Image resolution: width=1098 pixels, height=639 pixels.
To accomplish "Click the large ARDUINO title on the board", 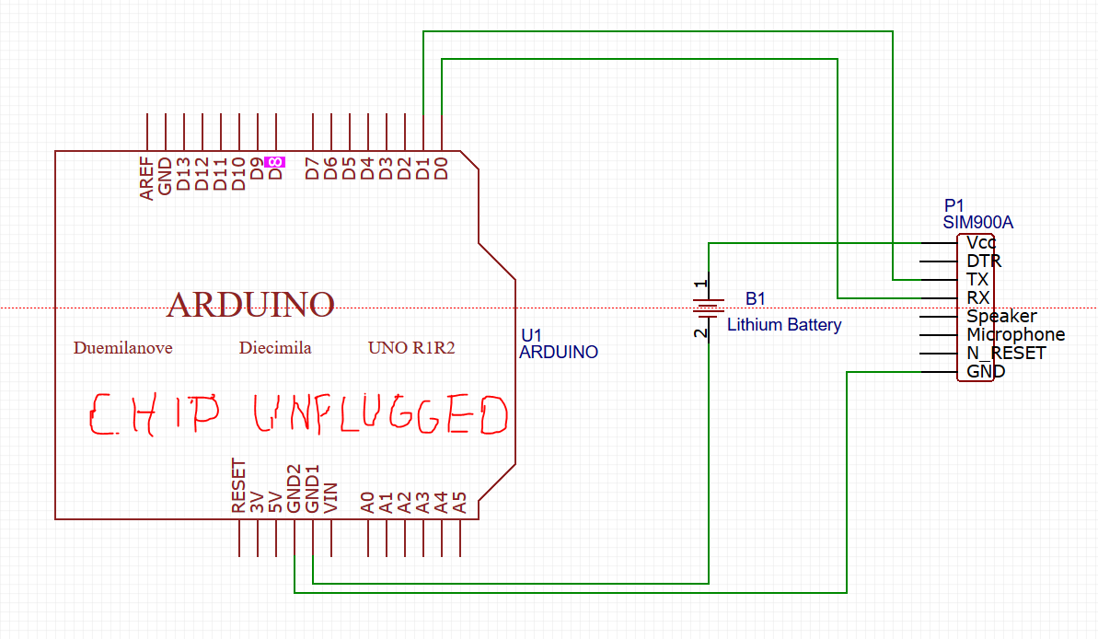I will tap(249, 304).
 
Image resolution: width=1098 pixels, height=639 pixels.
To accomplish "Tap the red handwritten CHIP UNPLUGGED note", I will tap(298, 415).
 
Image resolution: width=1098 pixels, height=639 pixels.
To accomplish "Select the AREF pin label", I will tap(146, 178).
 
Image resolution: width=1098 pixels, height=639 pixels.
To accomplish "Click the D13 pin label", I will tap(183, 173).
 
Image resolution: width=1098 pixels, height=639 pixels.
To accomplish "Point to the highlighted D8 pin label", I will tap(274, 162).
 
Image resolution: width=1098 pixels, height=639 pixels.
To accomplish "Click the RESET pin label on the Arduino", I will tap(239, 486).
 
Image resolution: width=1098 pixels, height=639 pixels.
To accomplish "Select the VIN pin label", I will tap(331, 497).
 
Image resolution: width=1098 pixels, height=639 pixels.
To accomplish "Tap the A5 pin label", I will tap(460, 502).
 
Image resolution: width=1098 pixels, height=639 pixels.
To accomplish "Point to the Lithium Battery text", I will tap(784, 324).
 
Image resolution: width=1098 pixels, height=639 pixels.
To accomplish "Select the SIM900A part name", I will tap(977, 222).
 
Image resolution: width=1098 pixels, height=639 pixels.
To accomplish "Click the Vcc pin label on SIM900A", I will tap(981, 243).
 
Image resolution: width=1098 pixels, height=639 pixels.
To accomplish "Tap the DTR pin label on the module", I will tap(983, 261).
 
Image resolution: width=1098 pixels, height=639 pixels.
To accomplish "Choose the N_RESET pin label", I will tap(1006, 353).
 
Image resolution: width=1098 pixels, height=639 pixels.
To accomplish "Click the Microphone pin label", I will tap(1015, 334).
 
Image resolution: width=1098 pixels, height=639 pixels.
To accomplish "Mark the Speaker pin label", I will tap(1001, 316).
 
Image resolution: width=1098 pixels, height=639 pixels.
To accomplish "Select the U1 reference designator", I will tap(531, 335).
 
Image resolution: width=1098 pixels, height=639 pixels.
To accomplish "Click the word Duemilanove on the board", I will tap(122, 348).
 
